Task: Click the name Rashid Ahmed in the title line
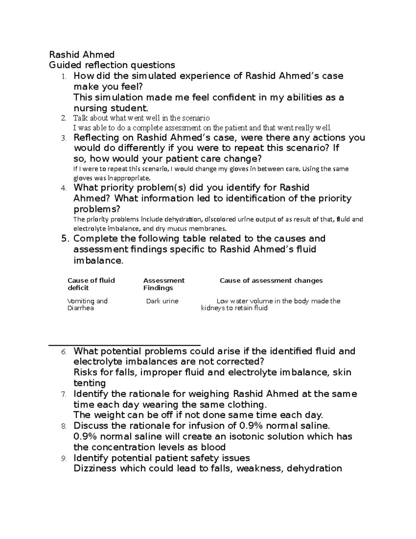click(x=82, y=54)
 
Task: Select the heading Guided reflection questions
click(x=112, y=65)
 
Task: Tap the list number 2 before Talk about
click(x=63, y=118)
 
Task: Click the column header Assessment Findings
click(x=164, y=284)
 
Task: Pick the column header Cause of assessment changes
click(x=271, y=280)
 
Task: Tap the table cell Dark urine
click(x=162, y=301)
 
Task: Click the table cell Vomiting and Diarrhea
click(x=87, y=304)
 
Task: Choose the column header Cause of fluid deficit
click(x=91, y=284)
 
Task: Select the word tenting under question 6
click(x=89, y=383)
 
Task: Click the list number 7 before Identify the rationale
click(x=63, y=395)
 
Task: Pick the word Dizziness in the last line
click(x=95, y=469)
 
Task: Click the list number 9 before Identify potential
click(x=63, y=458)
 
